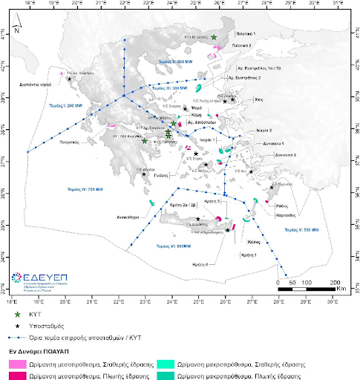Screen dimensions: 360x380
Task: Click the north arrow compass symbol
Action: pos(16,27)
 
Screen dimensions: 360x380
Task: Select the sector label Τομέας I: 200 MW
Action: pos(65,106)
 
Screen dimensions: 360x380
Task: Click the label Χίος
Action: pos(259,98)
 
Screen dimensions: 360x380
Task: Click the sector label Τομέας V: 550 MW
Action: pos(302,230)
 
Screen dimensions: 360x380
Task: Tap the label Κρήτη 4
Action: pos(210,264)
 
